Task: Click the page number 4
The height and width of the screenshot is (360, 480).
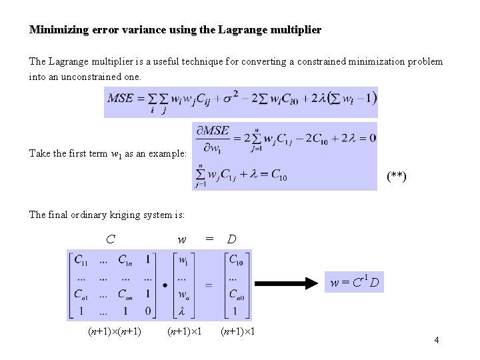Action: tap(436, 341)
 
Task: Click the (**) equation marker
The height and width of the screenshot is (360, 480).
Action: tap(397, 177)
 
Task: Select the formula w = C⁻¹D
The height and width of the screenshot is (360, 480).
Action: tap(355, 283)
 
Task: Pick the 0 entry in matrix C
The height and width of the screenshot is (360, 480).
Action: tap(148, 311)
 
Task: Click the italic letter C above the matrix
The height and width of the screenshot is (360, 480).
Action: tap(111, 239)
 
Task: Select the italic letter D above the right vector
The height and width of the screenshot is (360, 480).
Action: tap(231, 239)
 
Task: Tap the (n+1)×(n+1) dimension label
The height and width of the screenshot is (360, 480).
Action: tap(115, 331)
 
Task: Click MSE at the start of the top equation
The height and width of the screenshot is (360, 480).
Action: tap(121, 99)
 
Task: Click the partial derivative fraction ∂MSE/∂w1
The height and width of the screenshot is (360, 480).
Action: tap(213, 139)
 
